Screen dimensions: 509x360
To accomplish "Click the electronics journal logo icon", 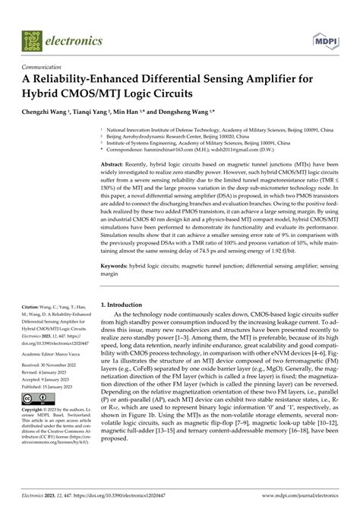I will [30, 36].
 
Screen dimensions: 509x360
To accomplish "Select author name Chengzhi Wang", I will [56, 111].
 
